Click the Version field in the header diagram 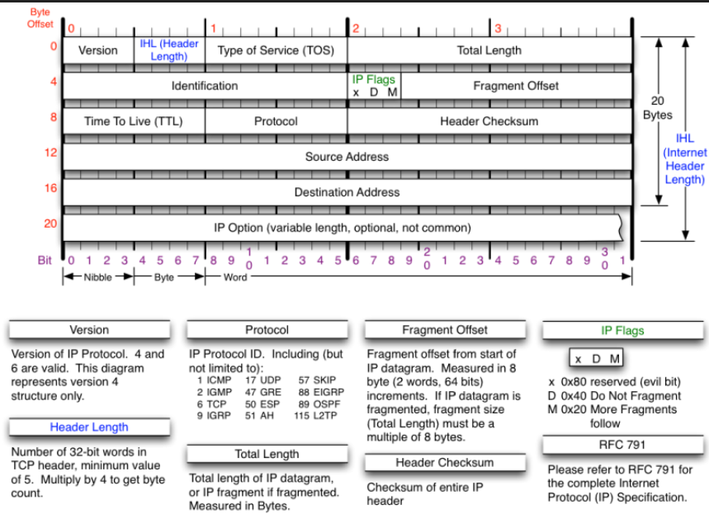98,50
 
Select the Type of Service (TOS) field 276,50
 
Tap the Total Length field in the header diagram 489,50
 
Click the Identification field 205,86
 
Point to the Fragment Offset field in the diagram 516,86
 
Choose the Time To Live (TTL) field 134,121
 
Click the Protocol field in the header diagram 276,121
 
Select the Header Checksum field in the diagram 489,121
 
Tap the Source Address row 347,157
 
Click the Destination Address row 347,192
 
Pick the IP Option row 343,227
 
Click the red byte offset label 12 50,153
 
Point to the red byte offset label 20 50,223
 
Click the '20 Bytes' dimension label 658,107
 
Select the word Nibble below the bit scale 98,277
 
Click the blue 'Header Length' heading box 89,427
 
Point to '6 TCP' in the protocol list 211,405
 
